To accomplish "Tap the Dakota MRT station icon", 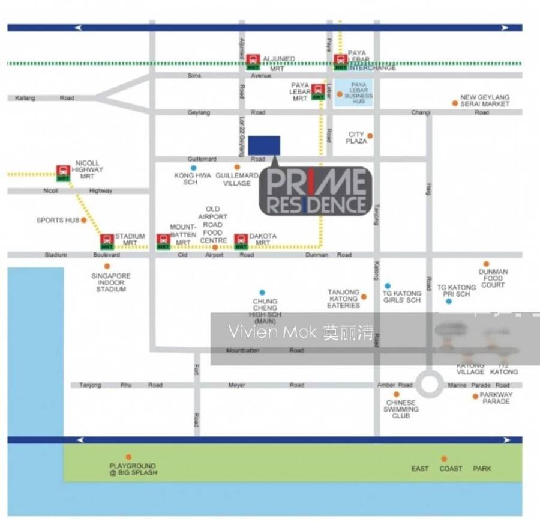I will click(x=241, y=241).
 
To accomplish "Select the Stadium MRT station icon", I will click(x=107, y=241).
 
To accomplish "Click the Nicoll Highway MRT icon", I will click(x=63, y=172).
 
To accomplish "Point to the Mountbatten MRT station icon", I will click(x=163, y=241).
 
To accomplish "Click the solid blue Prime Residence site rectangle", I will click(x=264, y=145).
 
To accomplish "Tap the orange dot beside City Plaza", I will click(x=370, y=136).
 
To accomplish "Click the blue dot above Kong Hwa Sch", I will click(x=193, y=168).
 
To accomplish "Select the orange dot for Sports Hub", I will click(x=84, y=220).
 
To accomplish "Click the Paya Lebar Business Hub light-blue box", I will click(x=353, y=94).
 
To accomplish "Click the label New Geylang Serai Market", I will click(x=484, y=100).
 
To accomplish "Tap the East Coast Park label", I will click(x=451, y=468).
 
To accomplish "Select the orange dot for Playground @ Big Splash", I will click(x=128, y=457).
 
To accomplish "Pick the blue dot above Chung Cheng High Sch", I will click(x=262, y=293).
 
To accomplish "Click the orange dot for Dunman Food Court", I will click(x=486, y=264).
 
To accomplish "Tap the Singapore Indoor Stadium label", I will click(x=111, y=282).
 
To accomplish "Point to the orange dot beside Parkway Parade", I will click(x=475, y=396).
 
